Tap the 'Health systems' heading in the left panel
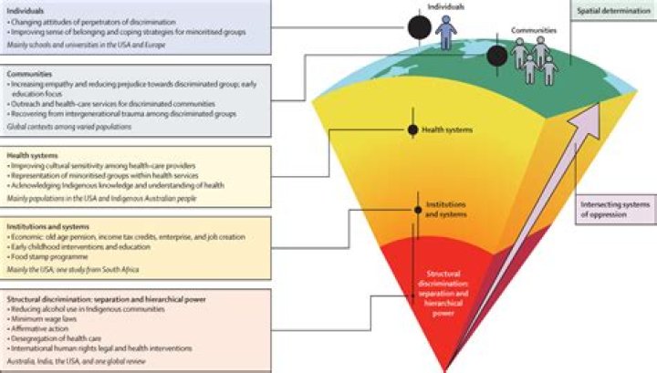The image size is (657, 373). pyautogui.click(x=30, y=155)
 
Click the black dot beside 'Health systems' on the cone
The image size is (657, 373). pyautogui.click(x=412, y=130)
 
